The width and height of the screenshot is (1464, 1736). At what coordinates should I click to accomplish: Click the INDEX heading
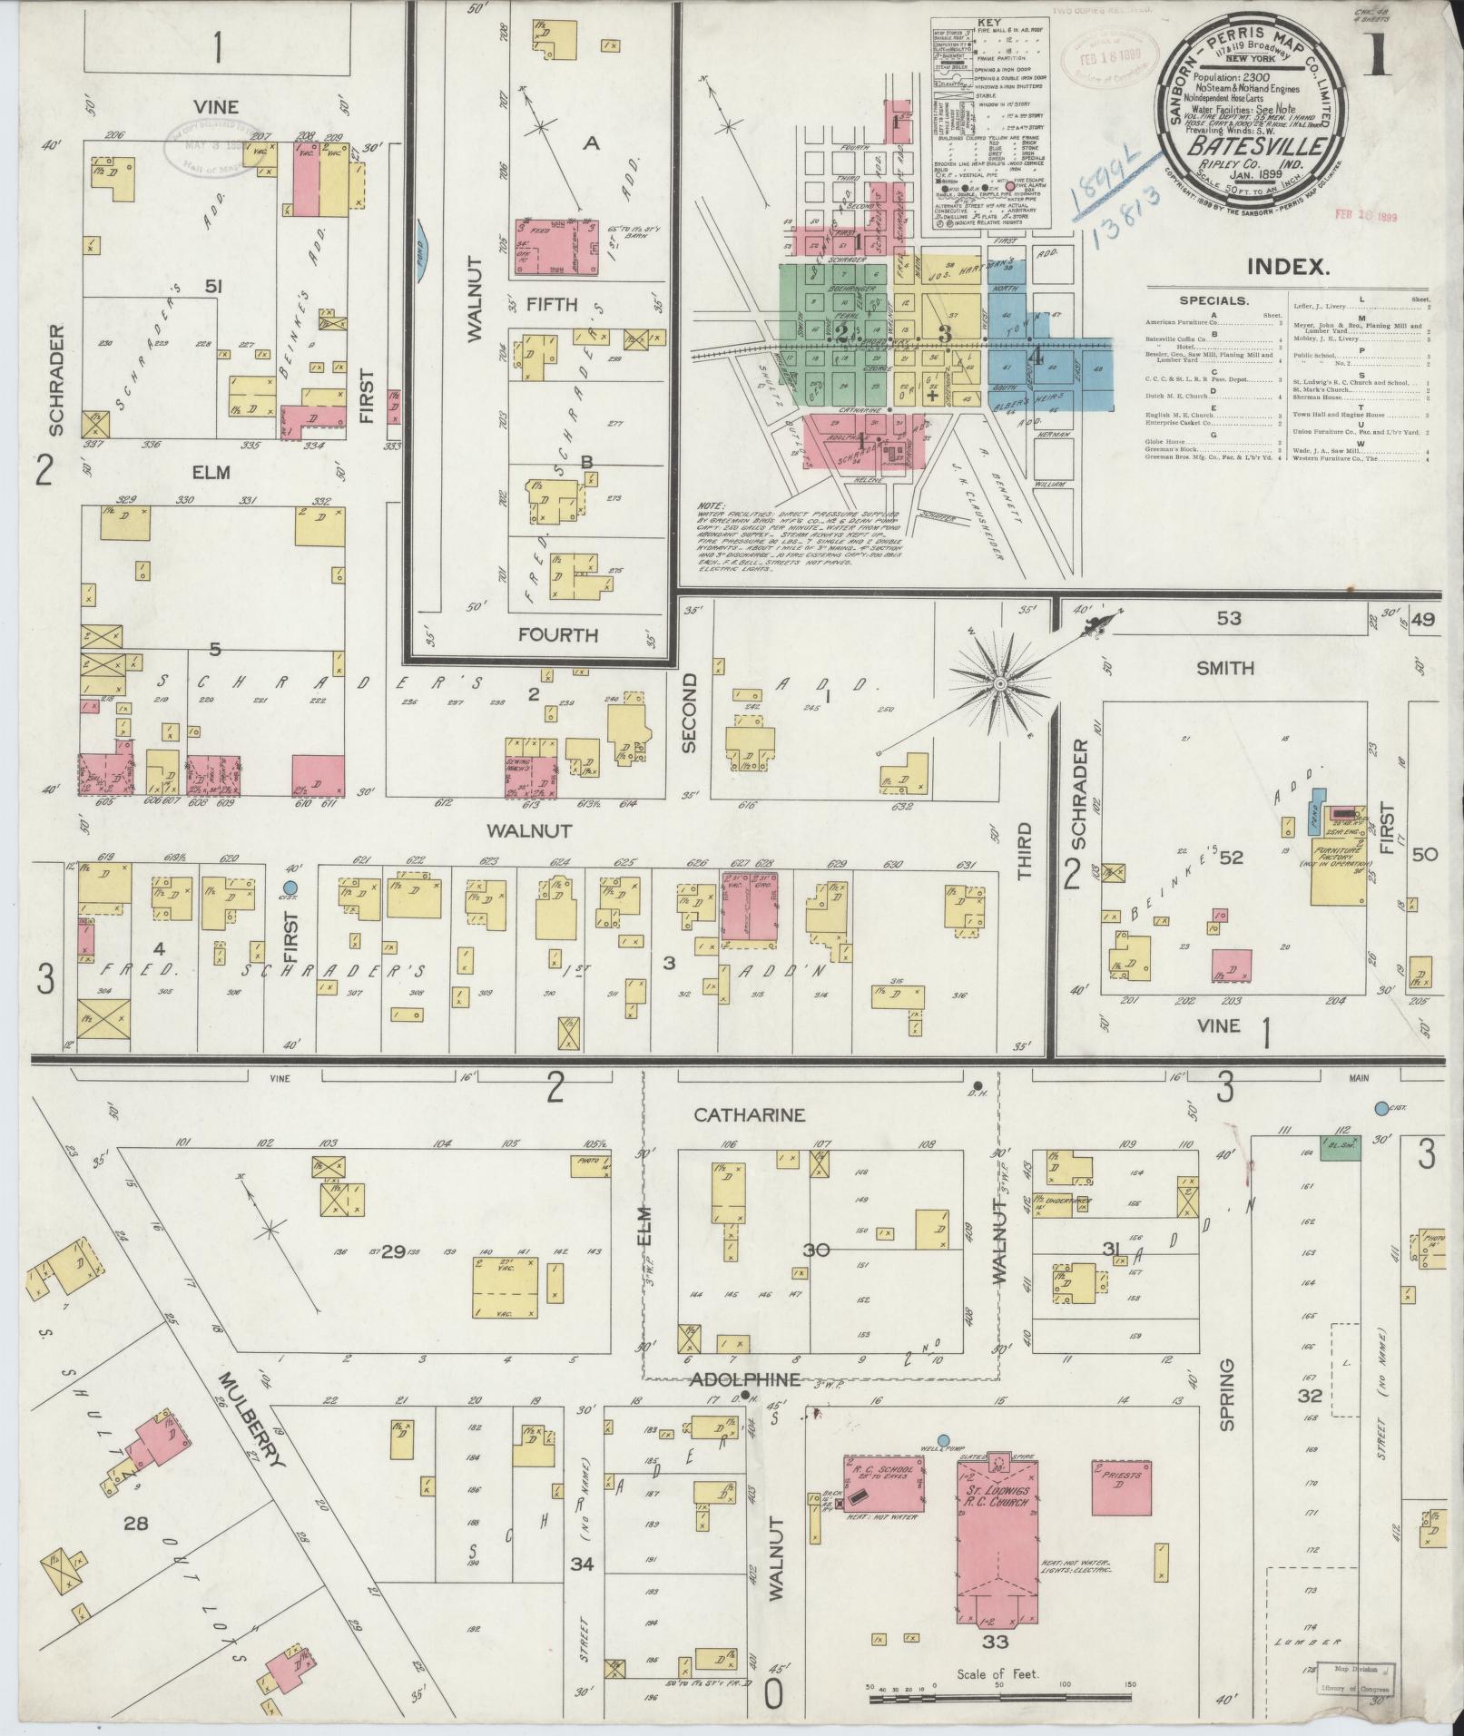[1288, 266]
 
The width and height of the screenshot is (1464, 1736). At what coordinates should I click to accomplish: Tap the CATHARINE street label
[749, 1114]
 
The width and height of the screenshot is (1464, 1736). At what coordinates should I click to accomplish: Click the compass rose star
[999, 682]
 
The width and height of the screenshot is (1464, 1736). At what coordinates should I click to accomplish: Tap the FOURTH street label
[557, 635]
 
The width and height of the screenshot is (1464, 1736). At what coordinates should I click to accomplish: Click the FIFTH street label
[552, 304]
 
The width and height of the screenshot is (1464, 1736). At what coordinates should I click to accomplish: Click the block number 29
[392, 1252]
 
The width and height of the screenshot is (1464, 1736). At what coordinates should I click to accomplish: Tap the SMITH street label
[1225, 668]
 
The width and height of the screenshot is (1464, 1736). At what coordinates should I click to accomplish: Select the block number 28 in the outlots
[136, 1522]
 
